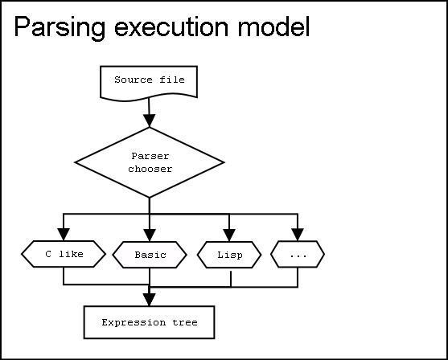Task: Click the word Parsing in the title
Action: [60, 27]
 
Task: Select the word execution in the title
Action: [171, 27]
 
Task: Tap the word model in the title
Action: [274, 26]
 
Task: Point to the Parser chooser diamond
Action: [150, 162]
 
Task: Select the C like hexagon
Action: [64, 254]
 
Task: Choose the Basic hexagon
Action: [150, 255]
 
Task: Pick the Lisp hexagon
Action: [229, 255]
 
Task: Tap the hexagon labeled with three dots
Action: [298, 254]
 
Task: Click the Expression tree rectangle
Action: [149, 322]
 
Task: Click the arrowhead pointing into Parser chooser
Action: [149, 121]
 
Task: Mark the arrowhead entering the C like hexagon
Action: [64, 235]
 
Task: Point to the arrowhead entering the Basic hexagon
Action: [150, 235]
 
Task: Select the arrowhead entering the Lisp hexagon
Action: [229, 235]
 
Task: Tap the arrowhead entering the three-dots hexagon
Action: [298, 235]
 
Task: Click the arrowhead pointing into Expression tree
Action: [149, 300]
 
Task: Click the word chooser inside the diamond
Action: [150, 169]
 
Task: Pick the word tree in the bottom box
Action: [185, 322]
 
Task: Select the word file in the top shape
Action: [172, 80]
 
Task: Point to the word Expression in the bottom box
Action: [134, 322]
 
